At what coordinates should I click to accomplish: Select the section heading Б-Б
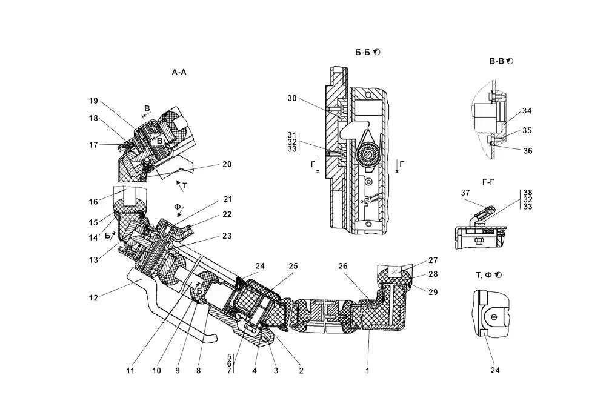point(364,52)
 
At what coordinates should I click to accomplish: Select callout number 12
point(93,297)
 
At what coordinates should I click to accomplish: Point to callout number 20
point(227,164)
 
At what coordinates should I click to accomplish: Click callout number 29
point(432,292)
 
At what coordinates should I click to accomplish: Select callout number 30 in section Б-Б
point(293,98)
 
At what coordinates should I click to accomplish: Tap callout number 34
point(527,111)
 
